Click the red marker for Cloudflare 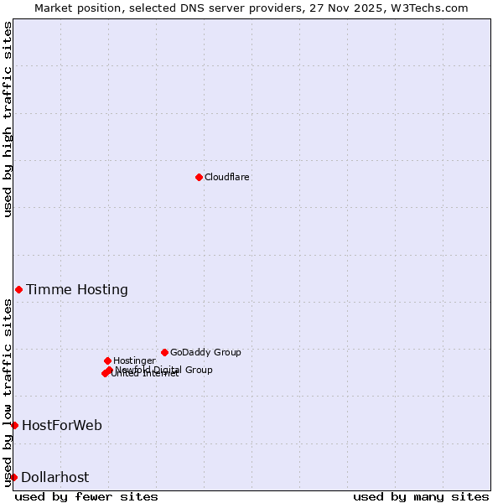[199, 177]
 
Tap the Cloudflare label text [226, 177]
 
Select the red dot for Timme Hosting [18, 289]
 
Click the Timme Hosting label [77, 290]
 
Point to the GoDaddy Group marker [164, 352]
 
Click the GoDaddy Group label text [205, 352]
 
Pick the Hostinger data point [107, 360]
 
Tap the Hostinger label [134, 360]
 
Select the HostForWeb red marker [14, 425]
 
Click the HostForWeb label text [62, 426]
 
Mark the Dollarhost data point [13, 477]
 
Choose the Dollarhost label [54, 478]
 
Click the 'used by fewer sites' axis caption [86, 496]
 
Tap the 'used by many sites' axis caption [421, 496]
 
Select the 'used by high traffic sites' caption [8, 119]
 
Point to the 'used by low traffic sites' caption [8, 392]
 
